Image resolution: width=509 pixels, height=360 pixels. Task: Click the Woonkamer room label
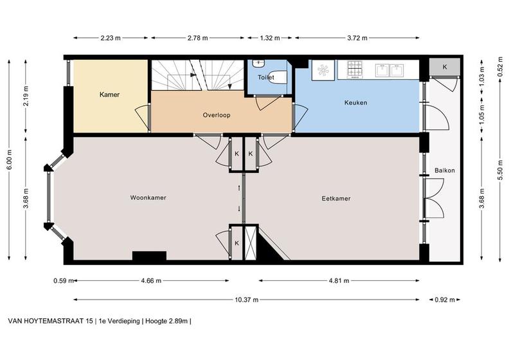tap(148, 198)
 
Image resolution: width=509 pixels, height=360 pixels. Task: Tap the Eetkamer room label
tap(336, 199)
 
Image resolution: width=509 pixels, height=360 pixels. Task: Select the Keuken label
tap(356, 103)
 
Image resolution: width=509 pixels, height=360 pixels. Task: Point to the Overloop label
tap(217, 115)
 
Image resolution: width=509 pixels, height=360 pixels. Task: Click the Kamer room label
tap(109, 94)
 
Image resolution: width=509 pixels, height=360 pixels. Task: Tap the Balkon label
tap(444, 170)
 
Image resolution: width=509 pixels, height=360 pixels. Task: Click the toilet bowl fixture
tap(278, 77)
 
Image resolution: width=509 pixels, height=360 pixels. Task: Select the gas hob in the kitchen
tap(355, 69)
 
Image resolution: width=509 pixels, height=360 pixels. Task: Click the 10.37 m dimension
tap(247, 300)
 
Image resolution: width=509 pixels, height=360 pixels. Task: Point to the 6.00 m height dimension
tap(10, 159)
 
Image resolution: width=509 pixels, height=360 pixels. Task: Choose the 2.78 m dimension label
tap(198, 38)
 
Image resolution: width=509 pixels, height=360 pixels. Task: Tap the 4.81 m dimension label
tap(339, 280)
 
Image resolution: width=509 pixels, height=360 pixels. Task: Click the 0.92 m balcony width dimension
tap(445, 300)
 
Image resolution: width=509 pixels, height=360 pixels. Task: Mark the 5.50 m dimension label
tap(500, 170)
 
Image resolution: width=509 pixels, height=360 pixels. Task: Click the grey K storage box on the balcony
tap(445, 67)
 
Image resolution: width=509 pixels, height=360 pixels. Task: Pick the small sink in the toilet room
tap(259, 63)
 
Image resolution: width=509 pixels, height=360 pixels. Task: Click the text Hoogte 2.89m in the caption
tap(166, 321)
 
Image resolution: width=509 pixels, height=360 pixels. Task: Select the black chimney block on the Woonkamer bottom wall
tap(149, 256)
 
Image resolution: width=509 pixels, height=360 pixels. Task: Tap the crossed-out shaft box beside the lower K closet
tap(250, 243)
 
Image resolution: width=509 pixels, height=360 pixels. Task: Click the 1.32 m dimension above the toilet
tap(270, 38)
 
